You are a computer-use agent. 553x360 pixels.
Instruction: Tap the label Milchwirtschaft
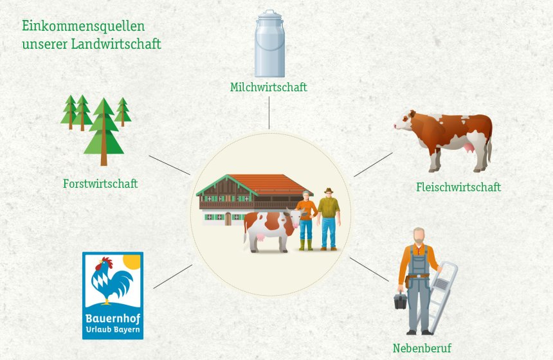269,87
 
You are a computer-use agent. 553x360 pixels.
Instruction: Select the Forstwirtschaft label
100,184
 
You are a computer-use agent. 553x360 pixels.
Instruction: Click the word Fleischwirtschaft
458,188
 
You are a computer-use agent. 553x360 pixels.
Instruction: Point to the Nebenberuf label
422,348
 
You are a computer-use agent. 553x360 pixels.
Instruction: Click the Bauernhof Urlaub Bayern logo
113,295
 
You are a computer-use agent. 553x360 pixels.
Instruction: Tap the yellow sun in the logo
131,261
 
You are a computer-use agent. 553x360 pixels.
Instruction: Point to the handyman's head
419,235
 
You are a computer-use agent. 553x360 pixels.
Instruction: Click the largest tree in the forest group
103,132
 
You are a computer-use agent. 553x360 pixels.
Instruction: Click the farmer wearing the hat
329,219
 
